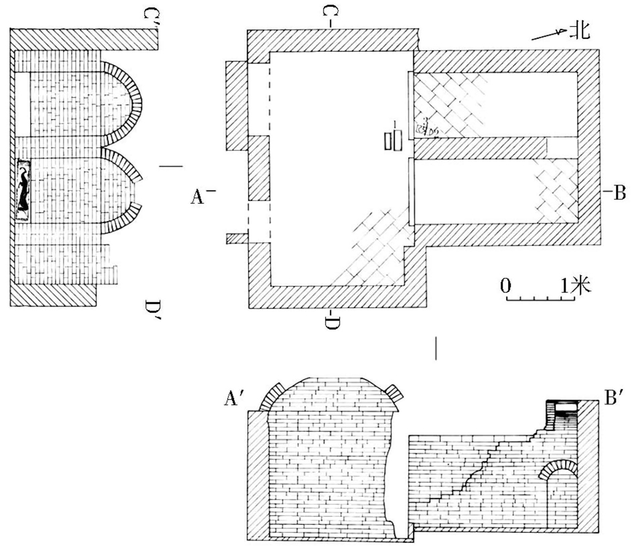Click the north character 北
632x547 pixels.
(x=579, y=31)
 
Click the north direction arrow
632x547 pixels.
(x=548, y=35)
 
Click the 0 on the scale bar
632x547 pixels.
(x=506, y=286)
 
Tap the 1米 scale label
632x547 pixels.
(x=575, y=286)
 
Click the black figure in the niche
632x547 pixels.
(x=24, y=190)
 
